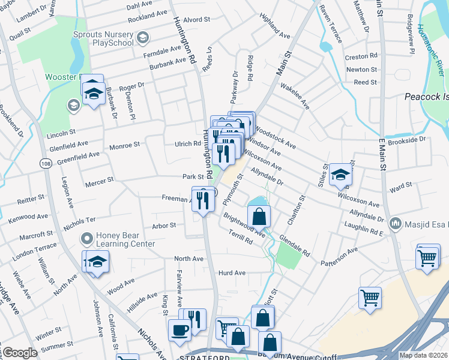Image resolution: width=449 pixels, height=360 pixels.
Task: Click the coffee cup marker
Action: point(179,329)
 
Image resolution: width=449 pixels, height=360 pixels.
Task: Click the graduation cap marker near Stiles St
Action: point(340,174)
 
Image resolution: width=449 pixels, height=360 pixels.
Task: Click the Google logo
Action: point(20,352)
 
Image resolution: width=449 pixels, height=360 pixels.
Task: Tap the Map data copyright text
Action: point(423,355)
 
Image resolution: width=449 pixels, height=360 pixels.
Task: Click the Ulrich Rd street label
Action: point(188,143)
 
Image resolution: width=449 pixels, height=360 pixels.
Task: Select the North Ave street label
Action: point(188,259)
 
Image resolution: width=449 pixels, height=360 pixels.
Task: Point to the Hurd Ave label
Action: point(232,272)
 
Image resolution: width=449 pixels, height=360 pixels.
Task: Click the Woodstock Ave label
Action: point(276,137)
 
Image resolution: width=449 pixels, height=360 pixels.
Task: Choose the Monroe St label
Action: point(124,145)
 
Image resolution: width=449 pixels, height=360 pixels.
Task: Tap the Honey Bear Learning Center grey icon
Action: point(87,239)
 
